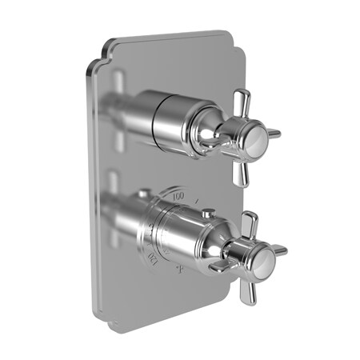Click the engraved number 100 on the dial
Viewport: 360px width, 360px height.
(178, 194)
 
